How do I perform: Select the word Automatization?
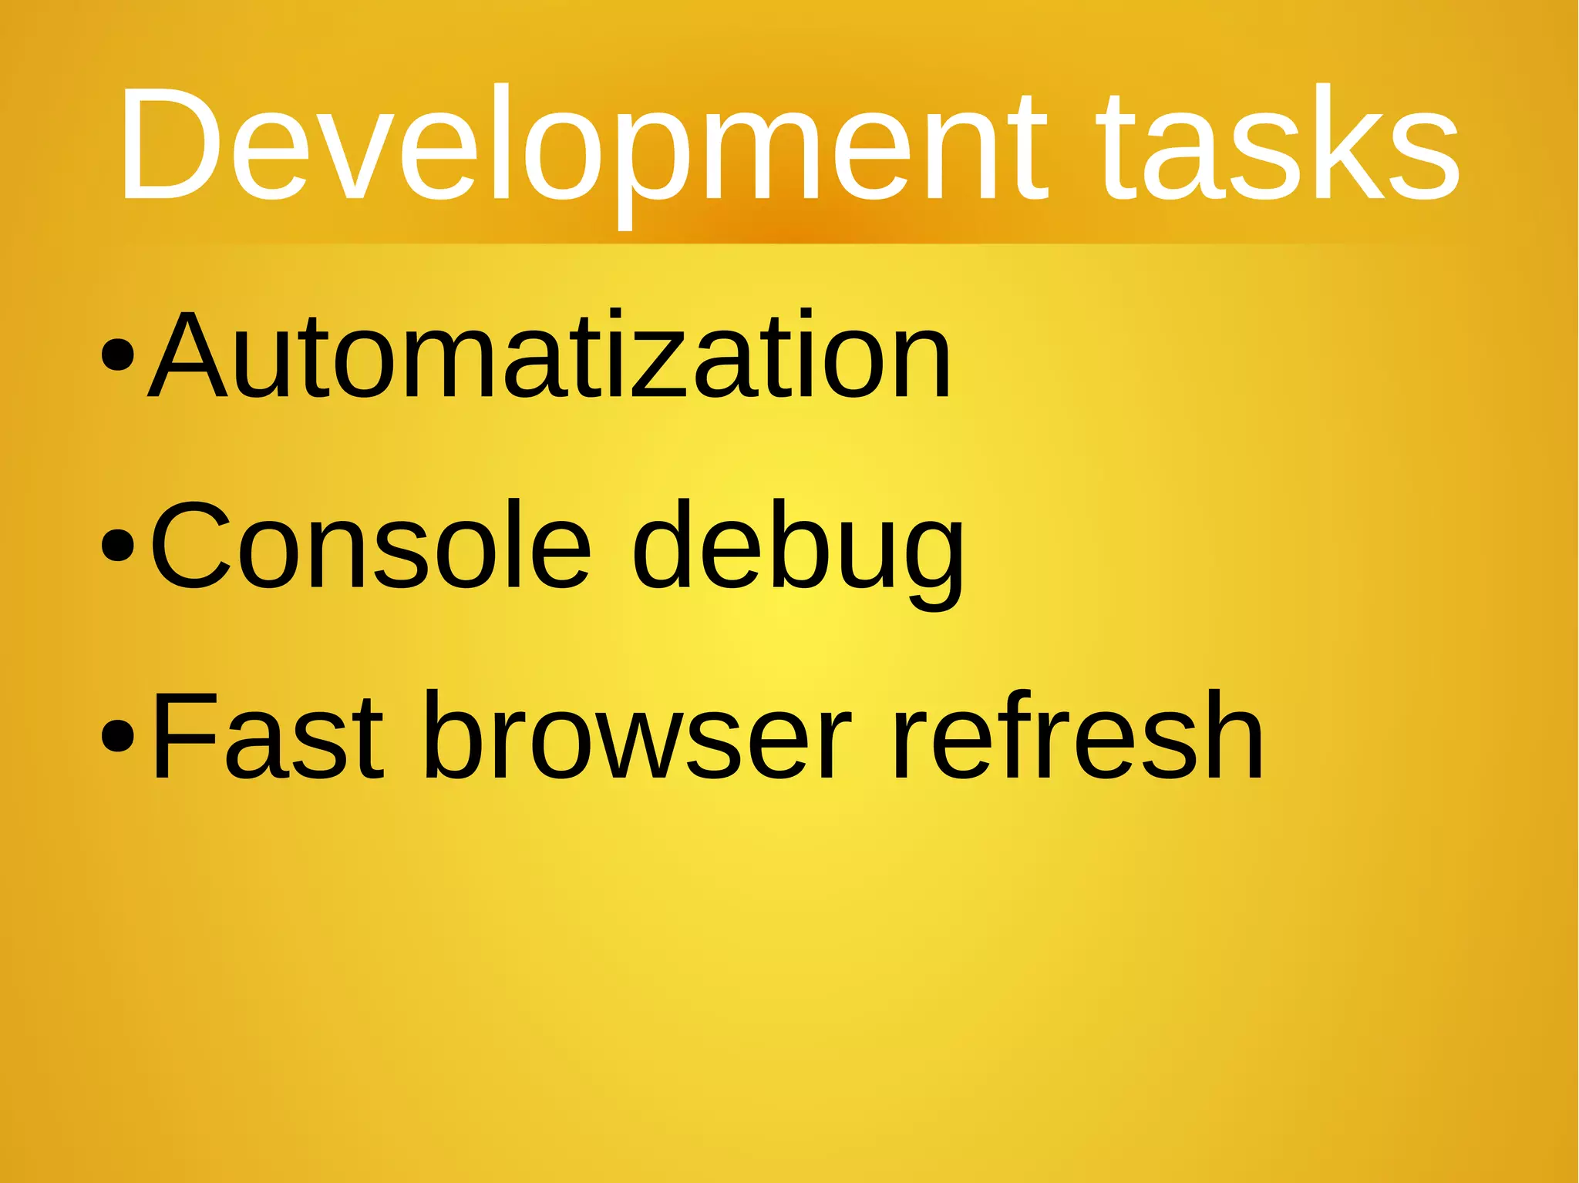(x=549, y=356)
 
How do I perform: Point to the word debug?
(x=798, y=551)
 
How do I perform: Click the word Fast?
(x=267, y=736)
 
